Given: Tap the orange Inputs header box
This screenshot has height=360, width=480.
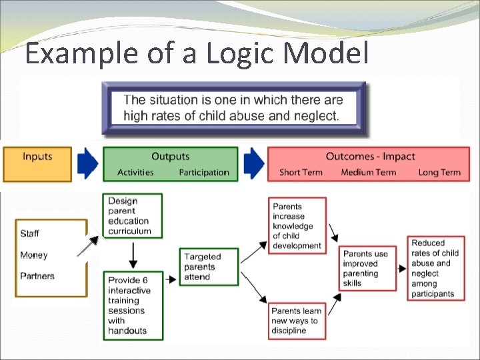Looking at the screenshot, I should point(37,164).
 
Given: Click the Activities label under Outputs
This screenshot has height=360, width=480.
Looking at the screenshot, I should point(135,173).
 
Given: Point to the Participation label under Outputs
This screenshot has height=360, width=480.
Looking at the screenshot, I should point(204,173).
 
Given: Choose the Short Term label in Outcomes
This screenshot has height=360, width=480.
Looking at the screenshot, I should point(301,173).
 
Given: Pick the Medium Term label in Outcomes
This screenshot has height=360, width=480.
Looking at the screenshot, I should point(369,173).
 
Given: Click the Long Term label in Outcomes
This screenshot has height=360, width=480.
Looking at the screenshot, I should point(439,173).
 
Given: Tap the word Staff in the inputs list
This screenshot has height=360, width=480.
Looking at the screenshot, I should point(30,233).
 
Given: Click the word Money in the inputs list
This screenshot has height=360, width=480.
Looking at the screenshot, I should point(34,255).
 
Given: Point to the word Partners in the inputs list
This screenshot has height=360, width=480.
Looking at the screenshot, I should point(37,276).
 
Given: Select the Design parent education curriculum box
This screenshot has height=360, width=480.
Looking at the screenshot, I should point(133,216).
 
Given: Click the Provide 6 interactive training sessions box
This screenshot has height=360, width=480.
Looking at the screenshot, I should point(133,305).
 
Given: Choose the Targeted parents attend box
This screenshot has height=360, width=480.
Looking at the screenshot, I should point(209,267).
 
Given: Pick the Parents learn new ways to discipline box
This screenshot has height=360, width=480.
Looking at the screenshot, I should point(297,321).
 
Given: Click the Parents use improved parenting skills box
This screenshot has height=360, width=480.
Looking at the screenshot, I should point(366,269).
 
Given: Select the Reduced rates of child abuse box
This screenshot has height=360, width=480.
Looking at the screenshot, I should point(436,268).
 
